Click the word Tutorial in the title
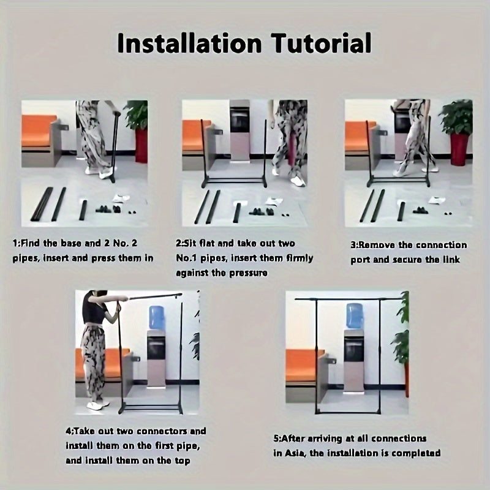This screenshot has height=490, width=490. click(x=321, y=43)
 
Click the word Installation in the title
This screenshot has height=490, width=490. click(x=189, y=43)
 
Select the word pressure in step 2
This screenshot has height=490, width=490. click(x=249, y=273)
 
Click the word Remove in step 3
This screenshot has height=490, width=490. click(x=376, y=245)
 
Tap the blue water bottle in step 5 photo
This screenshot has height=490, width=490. click(x=355, y=315)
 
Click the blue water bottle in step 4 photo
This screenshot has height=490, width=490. click(x=157, y=318)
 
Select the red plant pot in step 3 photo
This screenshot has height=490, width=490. click(x=459, y=149)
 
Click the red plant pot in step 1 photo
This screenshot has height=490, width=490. click(x=141, y=146)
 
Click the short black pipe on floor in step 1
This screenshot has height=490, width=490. click(x=83, y=210)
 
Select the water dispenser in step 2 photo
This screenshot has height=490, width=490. click(x=239, y=132)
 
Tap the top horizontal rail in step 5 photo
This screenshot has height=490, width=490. click(x=349, y=299)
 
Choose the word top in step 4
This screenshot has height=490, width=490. click(x=182, y=461)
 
